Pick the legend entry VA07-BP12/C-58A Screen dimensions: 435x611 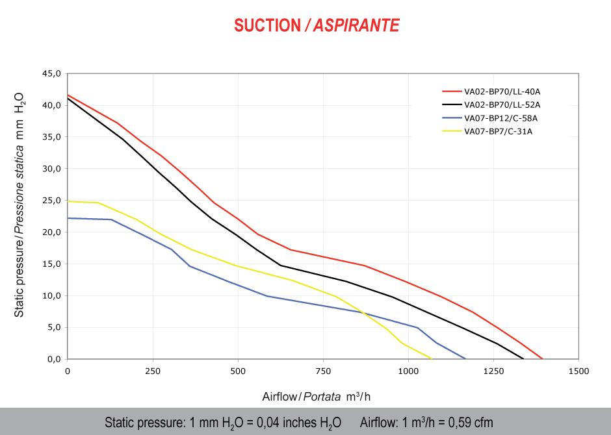click(x=500, y=118)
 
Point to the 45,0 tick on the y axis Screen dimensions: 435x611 click(x=51, y=73)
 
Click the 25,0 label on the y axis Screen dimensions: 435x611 click(x=51, y=201)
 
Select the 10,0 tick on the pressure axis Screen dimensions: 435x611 click(x=51, y=296)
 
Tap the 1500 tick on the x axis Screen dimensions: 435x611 click(x=578, y=371)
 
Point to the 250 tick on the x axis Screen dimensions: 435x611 click(x=153, y=371)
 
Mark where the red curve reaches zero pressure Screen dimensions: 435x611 click(x=542, y=358)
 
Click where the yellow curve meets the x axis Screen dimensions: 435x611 click(x=431, y=358)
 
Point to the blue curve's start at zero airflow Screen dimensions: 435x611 click(x=68, y=218)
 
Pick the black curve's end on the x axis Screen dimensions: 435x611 click(x=523, y=358)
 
